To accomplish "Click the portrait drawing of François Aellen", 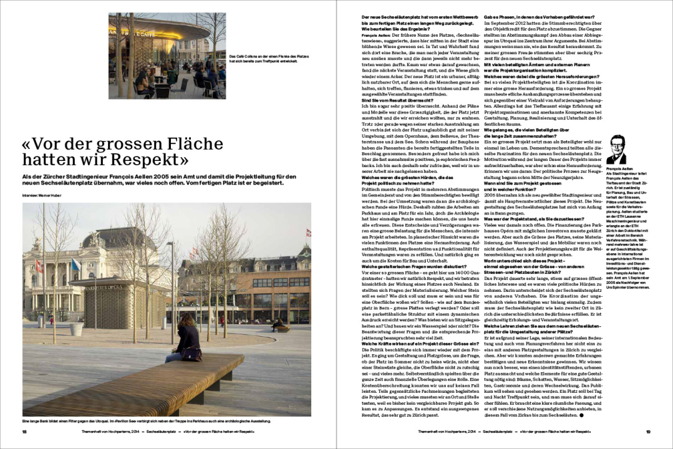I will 616,150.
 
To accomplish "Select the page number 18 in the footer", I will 24,431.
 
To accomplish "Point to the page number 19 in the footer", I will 648,431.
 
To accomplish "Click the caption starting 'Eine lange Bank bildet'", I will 147,420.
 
